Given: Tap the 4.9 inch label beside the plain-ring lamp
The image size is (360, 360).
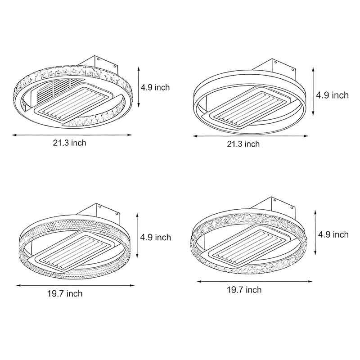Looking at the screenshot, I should tap(332, 95).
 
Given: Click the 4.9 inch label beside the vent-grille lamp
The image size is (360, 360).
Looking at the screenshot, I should tap(155, 87).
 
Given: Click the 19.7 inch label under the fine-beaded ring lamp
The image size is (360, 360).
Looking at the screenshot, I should tap(65, 294).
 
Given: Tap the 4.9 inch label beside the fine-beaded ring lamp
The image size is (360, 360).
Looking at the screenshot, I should tap(156, 237).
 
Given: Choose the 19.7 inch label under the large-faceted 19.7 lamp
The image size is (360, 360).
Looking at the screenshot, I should tap(244, 289).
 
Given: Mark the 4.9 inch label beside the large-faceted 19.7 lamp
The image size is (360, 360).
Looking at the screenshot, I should tap(333, 234).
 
